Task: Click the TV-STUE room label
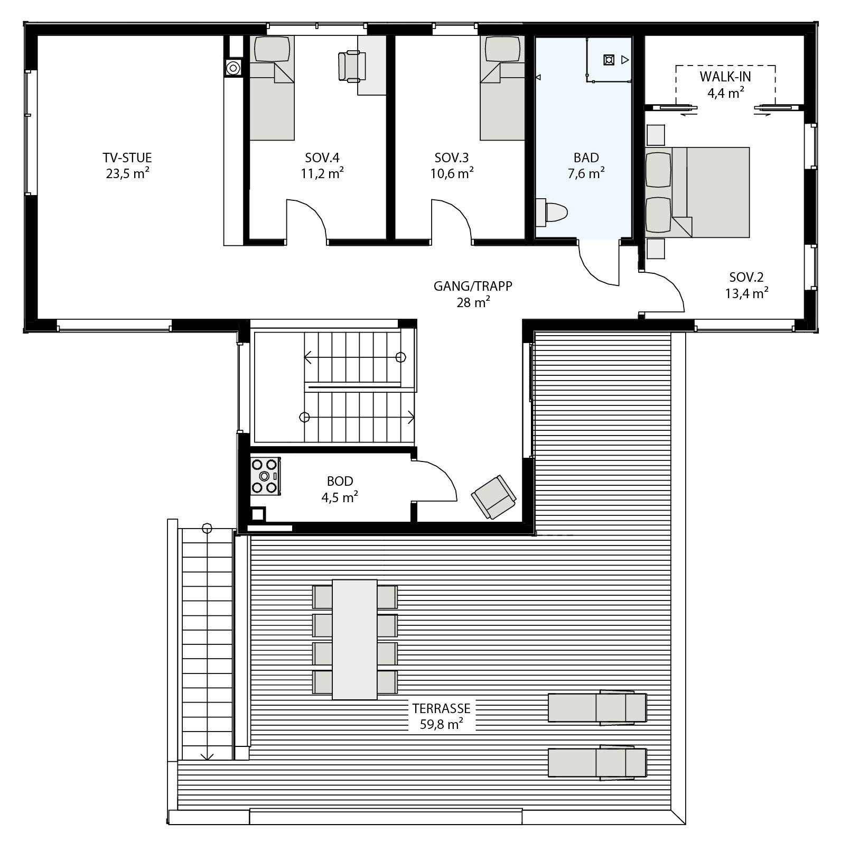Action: click(x=127, y=158)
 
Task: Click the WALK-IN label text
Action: click(x=725, y=77)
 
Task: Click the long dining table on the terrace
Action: click(x=354, y=640)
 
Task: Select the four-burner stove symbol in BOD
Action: click(x=264, y=476)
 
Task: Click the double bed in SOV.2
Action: click(x=711, y=192)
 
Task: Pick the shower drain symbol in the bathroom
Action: click(x=609, y=60)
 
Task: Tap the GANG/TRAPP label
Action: click(x=473, y=286)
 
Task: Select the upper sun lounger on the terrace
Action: click(x=597, y=707)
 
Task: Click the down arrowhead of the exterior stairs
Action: click(x=207, y=756)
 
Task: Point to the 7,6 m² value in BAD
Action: click(x=586, y=173)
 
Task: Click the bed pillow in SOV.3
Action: click(x=502, y=50)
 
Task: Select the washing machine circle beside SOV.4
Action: click(x=232, y=68)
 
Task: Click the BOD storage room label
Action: click(x=340, y=481)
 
